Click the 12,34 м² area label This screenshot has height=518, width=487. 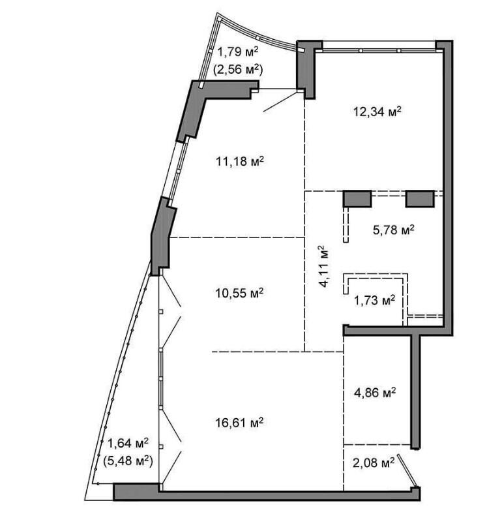coord(377,112)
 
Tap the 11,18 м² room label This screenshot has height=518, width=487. coord(240,162)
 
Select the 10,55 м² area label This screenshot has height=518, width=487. coord(239,292)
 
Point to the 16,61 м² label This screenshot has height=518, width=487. coord(239,422)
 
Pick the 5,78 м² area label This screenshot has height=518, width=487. coord(394,230)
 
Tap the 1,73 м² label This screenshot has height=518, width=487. coord(374,301)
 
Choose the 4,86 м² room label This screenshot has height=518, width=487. coord(374,393)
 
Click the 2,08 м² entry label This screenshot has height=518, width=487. coord(374,463)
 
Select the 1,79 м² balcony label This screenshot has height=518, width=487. coord(237,52)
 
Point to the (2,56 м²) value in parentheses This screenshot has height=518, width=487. coord(238,69)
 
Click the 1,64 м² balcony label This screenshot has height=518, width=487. coord(128,443)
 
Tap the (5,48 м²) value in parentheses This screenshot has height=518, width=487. coord(128,461)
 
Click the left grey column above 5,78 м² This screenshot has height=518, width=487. coord(357,198)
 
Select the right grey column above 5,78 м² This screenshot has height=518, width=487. coord(420,198)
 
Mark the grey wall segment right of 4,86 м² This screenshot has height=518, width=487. coord(416,391)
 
